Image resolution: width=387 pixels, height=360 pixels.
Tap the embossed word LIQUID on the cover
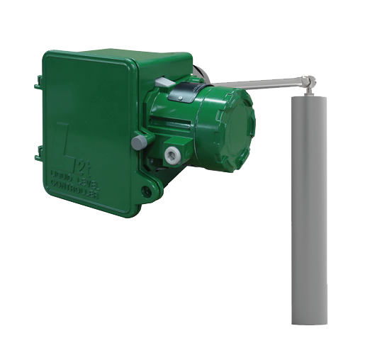pyautogui.click(x=62, y=173)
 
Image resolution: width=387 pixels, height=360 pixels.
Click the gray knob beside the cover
pyautogui.click(x=140, y=142)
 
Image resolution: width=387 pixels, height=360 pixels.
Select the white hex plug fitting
pyautogui.click(x=172, y=153)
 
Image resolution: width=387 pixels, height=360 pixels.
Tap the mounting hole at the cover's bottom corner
pyautogui.click(x=146, y=191)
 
